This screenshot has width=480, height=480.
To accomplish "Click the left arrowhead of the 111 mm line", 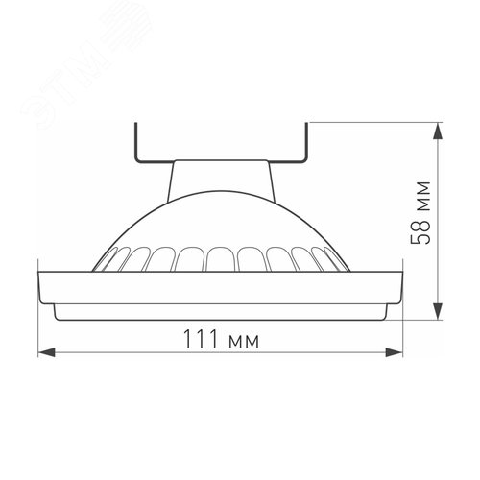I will (42, 352).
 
